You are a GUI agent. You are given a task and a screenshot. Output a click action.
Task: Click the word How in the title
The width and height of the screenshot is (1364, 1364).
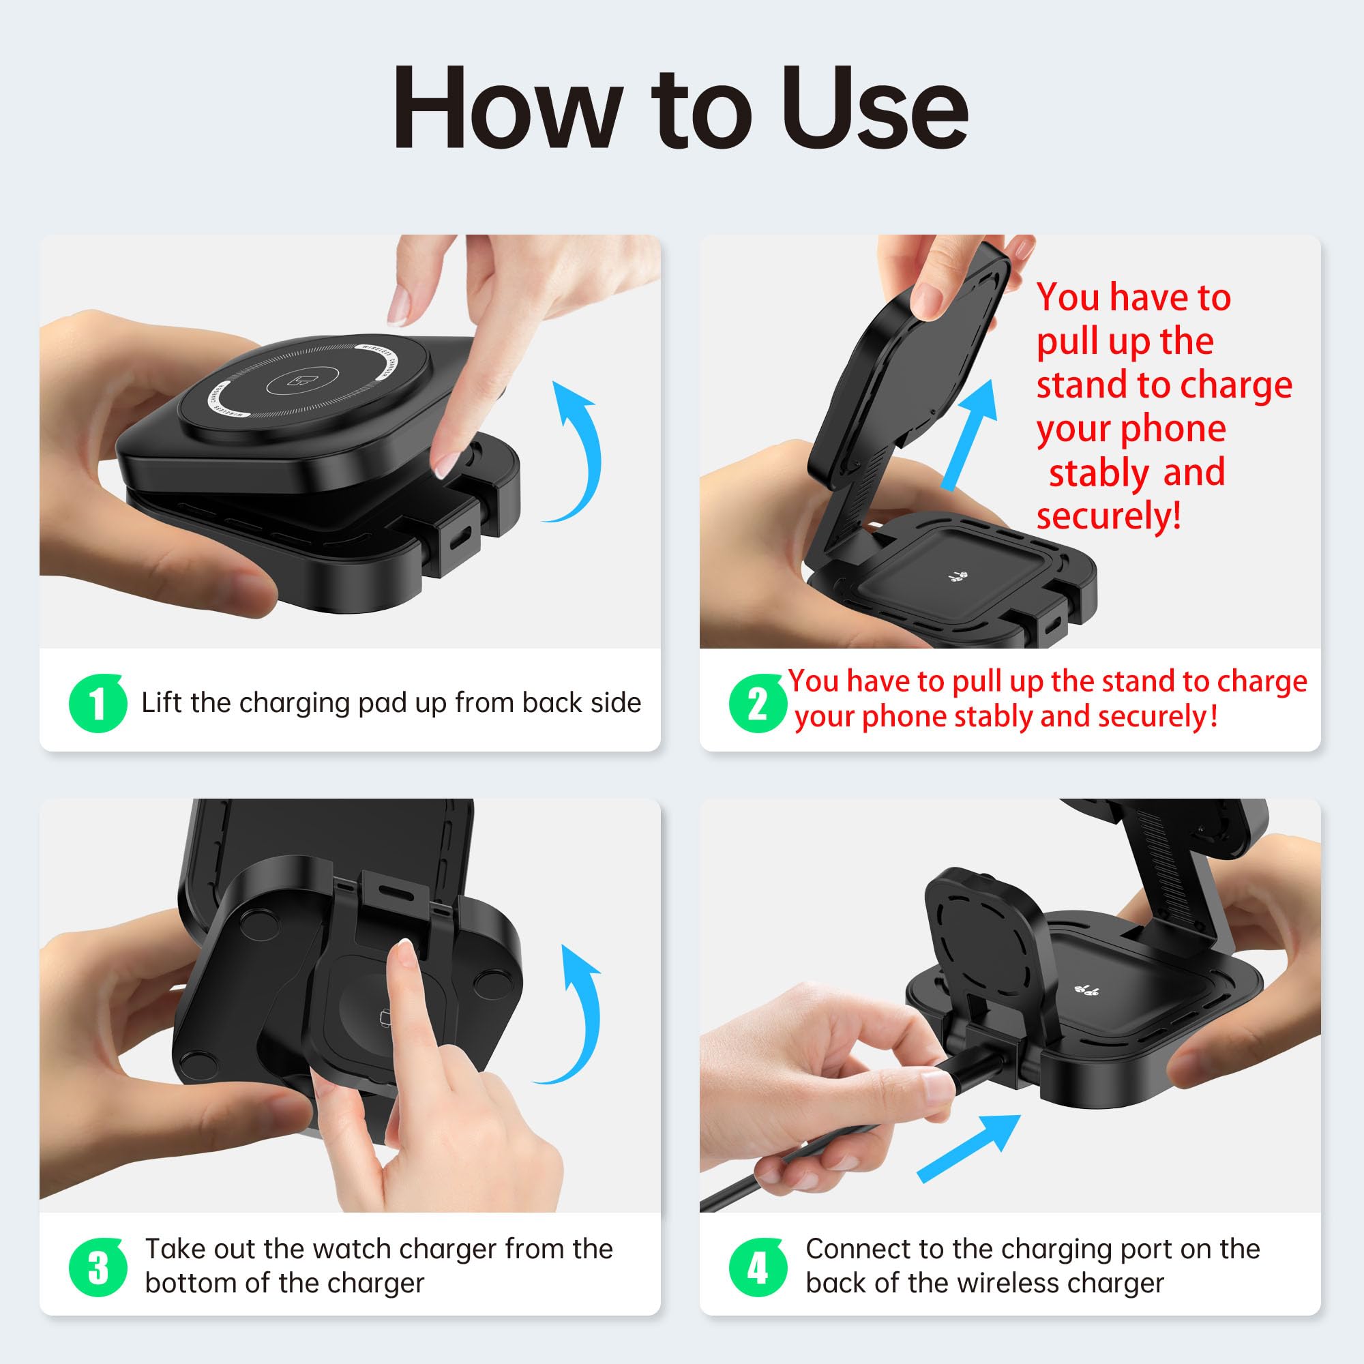pos(502,107)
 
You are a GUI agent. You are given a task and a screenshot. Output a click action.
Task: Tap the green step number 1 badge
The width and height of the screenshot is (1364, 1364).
pos(98,703)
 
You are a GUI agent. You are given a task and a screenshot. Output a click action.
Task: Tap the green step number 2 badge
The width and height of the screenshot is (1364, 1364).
pos(758,703)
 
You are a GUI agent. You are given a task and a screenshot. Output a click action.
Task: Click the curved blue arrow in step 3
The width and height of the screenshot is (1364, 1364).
pos(591,1017)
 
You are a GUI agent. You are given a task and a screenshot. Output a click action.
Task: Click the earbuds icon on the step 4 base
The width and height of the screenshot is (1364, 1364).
pos(1086,990)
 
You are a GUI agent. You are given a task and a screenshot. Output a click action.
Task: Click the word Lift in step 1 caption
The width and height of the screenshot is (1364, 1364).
pos(162,702)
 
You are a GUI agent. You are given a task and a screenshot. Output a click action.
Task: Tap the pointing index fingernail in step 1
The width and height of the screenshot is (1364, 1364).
pos(447,462)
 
